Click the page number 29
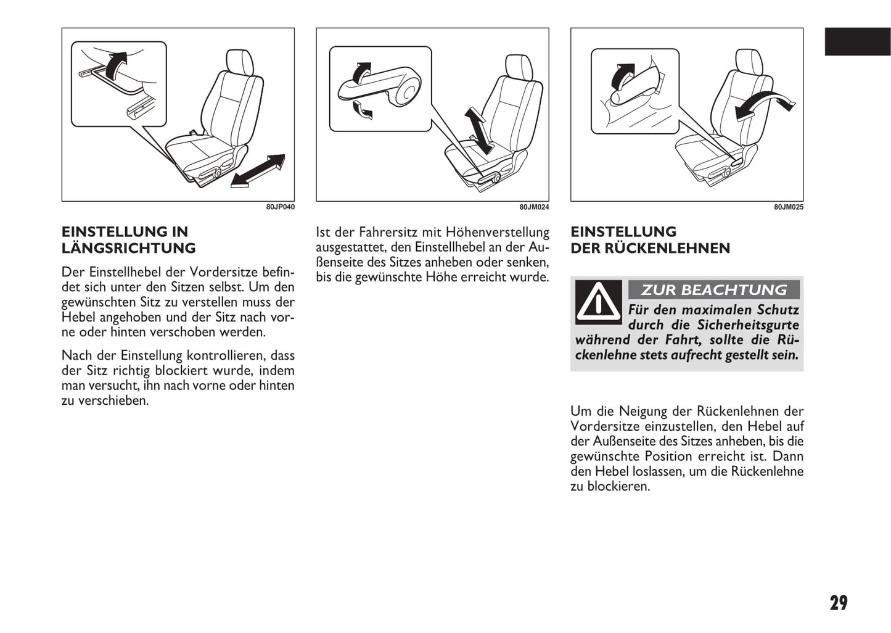pos(839,603)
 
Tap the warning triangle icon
pos(598,302)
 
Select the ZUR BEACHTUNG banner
pos(713,289)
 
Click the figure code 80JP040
pos(281,207)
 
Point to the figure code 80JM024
pos(534,207)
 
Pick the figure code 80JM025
pos(789,207)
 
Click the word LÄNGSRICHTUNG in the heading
pos(128,248)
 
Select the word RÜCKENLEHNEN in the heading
pos(667,248)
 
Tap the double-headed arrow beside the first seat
pos(258,171)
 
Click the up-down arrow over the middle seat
pos(479,131)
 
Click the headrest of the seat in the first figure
pos(239,62)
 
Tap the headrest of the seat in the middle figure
pos(519,67)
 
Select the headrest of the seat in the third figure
pos(749,62)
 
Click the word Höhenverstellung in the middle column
pos(497,233)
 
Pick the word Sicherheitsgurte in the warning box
pos(748,325)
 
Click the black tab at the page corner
pos(858,41)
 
